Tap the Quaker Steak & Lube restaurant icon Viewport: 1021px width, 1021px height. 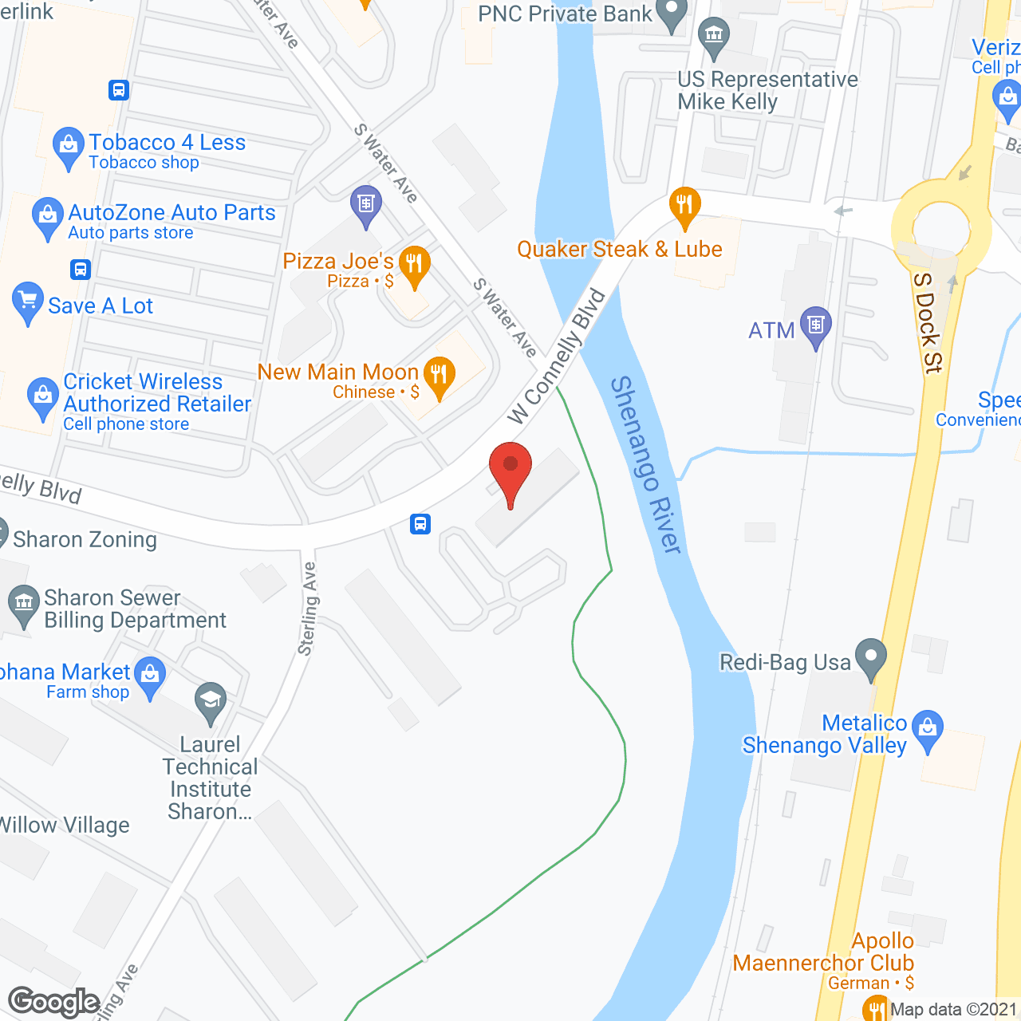coord(684,206)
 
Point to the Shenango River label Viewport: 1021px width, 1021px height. coord(646,464)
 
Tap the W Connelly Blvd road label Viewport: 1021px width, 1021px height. coord(557,357)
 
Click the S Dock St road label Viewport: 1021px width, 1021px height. coord(928,322)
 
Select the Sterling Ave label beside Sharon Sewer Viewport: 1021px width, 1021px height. coord(307,609)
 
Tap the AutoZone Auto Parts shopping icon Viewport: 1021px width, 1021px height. coord(48,216)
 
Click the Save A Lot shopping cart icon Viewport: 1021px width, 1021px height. coord(28,302)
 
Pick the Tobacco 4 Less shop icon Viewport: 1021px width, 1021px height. coord(68,146)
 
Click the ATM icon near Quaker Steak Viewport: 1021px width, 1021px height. coord(815,325)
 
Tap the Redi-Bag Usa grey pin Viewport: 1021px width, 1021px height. coord(870,658)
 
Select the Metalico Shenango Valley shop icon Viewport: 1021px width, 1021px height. coord(927,729)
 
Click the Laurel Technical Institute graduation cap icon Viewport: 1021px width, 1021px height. coord(211,702)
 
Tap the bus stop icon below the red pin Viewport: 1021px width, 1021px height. coord(421,524)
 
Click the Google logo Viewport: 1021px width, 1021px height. coord(53,1002)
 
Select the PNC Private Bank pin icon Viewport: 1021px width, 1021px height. coord(672,14)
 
